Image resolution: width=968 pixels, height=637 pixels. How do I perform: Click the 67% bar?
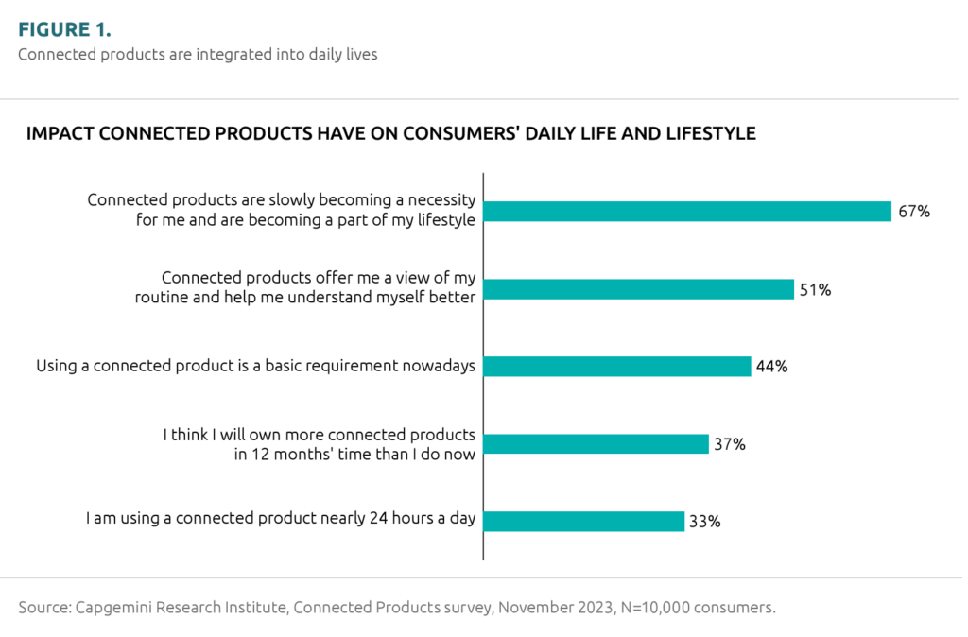687,212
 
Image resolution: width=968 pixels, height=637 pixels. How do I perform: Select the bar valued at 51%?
638,289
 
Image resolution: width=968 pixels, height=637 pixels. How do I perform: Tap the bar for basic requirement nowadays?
617,367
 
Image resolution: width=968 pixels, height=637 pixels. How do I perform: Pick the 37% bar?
596,444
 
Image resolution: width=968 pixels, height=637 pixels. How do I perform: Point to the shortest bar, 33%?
583,521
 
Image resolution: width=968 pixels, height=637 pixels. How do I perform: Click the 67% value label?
914,212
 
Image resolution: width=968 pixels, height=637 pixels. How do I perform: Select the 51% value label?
815,289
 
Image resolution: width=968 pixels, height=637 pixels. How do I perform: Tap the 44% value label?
772,367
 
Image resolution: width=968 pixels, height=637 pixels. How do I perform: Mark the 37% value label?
730,444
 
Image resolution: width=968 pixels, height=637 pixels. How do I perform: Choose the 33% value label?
705,521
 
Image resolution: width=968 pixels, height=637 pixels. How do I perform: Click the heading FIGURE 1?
64,28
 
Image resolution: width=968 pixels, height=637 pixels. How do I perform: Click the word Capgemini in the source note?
110,608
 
